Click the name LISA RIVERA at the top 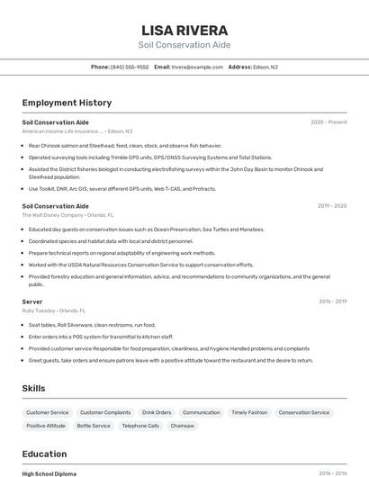click(x=184, y=30)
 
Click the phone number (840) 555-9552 click(x=130, y=67)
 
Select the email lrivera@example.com click(x=197, y=67)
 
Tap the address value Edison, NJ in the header click(x=265, y=67)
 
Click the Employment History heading click(x=67, y=103)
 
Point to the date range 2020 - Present click(x=328, y=121)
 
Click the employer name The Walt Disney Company click(x=53, y=215)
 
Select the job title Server click(x=32, y=301)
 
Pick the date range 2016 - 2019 click(x=332, y=301)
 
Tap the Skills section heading click(x=34, y=388)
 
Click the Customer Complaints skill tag click(x=105, y=412)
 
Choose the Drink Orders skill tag click(x=157, y=412)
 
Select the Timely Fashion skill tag click(x=249, y=412)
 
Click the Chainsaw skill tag click(x=183, y=426)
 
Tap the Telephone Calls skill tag click(x=140, y=426)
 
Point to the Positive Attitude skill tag click(x=46, y=426)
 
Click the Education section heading click(x=44, y=454)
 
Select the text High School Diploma click(x=49, y=473)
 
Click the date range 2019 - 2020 click(x=332, y=205)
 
